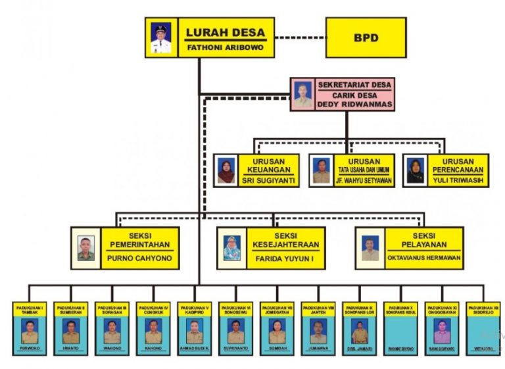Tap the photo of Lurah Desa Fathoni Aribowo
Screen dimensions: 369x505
(160, 37)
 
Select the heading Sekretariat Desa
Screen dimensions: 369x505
(354, 85)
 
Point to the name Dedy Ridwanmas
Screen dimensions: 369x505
(354, 104)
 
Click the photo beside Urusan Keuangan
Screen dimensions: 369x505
(226, 170)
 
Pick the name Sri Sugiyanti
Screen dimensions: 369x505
(267, 180)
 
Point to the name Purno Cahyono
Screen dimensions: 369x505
(139, 258)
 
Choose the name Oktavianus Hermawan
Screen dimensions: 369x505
(423, 258)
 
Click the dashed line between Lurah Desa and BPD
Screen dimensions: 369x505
(299, 37)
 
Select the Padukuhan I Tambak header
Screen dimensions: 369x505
(30, 308)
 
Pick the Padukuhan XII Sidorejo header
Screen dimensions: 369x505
(483, 308)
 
